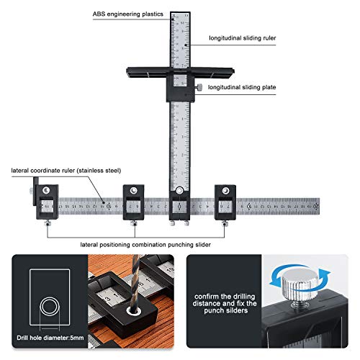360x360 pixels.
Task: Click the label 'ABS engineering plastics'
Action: tap(127, 14)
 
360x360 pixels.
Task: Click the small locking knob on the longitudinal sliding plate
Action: tap(197, 86)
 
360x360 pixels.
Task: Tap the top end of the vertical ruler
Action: tap(179, 16)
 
